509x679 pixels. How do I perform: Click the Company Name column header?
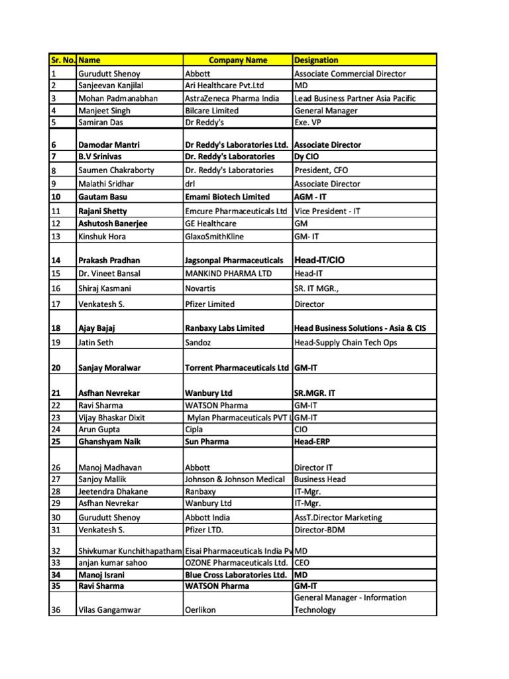237,60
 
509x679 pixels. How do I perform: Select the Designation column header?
316,60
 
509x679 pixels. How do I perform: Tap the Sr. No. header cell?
63,60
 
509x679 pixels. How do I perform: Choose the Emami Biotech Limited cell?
227,197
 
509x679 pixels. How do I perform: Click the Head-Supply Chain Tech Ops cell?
346,343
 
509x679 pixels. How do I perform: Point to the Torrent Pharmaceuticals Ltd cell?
237,367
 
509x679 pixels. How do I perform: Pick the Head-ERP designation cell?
313,442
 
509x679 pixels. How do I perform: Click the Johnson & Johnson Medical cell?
235,479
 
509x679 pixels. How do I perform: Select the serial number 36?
56,610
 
